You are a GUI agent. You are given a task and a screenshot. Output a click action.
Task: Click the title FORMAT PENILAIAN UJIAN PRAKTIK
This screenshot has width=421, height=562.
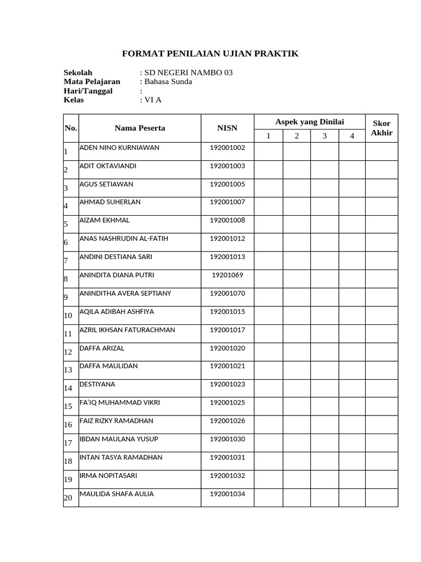coord(209,53)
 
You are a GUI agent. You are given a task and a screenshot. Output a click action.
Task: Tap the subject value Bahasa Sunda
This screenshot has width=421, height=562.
coord(168,82)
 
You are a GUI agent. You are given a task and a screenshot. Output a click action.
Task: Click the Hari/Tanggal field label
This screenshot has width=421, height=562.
coord(88,91)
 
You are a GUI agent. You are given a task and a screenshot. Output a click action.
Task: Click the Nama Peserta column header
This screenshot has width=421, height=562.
coord(140,128)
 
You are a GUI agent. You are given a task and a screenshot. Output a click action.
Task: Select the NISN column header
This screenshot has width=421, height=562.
coord(227,128)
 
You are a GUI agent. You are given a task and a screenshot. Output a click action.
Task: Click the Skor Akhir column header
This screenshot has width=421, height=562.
coord(382,128)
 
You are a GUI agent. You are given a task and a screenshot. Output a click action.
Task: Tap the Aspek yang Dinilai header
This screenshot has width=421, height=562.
coord(309,122)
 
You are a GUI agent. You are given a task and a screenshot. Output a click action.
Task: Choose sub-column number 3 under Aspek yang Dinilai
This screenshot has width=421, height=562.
coord(325,136)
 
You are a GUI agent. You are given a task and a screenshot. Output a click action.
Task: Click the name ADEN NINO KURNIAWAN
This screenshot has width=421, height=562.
coord(120,148)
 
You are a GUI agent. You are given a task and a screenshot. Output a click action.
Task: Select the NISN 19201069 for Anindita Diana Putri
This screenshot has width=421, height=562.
coord(227,275)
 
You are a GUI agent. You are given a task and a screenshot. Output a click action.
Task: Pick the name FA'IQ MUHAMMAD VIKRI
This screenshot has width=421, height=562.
coord(120,403)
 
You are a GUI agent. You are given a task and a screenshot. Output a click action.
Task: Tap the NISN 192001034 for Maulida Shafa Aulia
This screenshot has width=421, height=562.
coord(227,494)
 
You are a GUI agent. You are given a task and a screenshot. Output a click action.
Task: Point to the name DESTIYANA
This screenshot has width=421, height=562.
coord(98,384)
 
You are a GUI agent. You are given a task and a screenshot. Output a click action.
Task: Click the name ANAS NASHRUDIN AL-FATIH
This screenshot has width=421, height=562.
coord(123,239)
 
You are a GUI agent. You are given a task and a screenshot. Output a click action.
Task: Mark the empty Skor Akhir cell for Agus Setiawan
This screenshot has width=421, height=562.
coord(382,188)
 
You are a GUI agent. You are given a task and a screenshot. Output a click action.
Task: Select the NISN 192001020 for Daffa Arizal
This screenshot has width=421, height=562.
coord(227,348)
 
